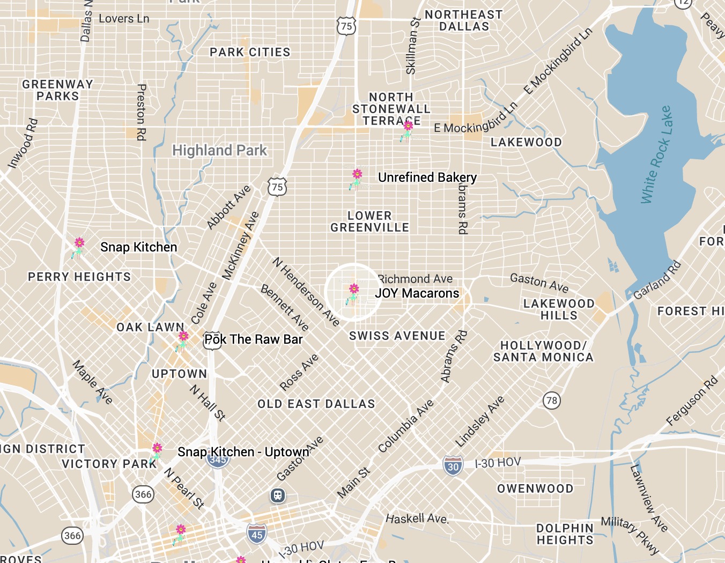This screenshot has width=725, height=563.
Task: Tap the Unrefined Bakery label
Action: coord(427,177)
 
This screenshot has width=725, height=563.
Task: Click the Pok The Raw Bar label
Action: coord(254,339)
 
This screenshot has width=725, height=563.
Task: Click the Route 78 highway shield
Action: coord(551,400)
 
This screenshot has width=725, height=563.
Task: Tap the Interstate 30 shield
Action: coord(453,466)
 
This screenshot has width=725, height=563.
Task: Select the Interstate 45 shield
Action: coord(257,534)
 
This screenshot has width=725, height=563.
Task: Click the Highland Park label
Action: coord(219,150)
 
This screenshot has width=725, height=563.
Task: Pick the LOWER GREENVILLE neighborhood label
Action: coord(369,221)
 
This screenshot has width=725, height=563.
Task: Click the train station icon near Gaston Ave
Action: coord(277,495)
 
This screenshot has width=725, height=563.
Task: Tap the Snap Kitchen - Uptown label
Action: coord(243,452)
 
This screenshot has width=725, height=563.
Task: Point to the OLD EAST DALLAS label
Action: coord(316,404)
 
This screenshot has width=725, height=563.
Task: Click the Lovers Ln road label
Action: coord(124,19)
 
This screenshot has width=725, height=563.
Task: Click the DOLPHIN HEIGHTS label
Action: coord(565,534)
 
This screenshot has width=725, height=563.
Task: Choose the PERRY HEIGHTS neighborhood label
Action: coord(79,277)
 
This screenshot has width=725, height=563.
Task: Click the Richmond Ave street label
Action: coord(416,279)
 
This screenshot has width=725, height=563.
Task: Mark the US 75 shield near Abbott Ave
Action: coord(277,187)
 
